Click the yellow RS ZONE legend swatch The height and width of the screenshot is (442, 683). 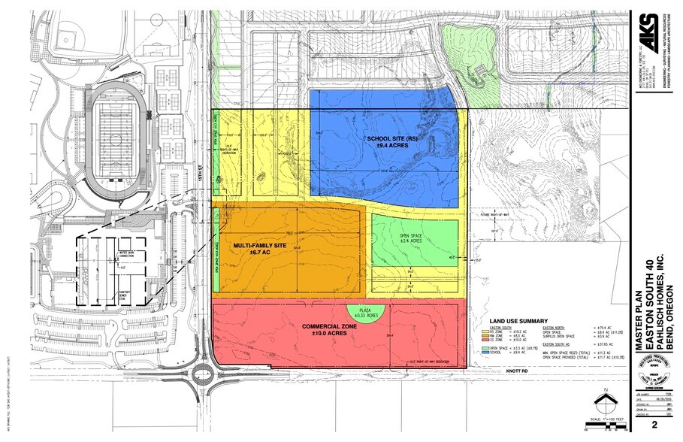tap(485, 331)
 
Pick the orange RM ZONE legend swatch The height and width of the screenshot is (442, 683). tap(485, 335)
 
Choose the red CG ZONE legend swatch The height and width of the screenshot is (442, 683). tap(485, 340)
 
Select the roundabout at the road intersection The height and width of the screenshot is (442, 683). tap(202, 372)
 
